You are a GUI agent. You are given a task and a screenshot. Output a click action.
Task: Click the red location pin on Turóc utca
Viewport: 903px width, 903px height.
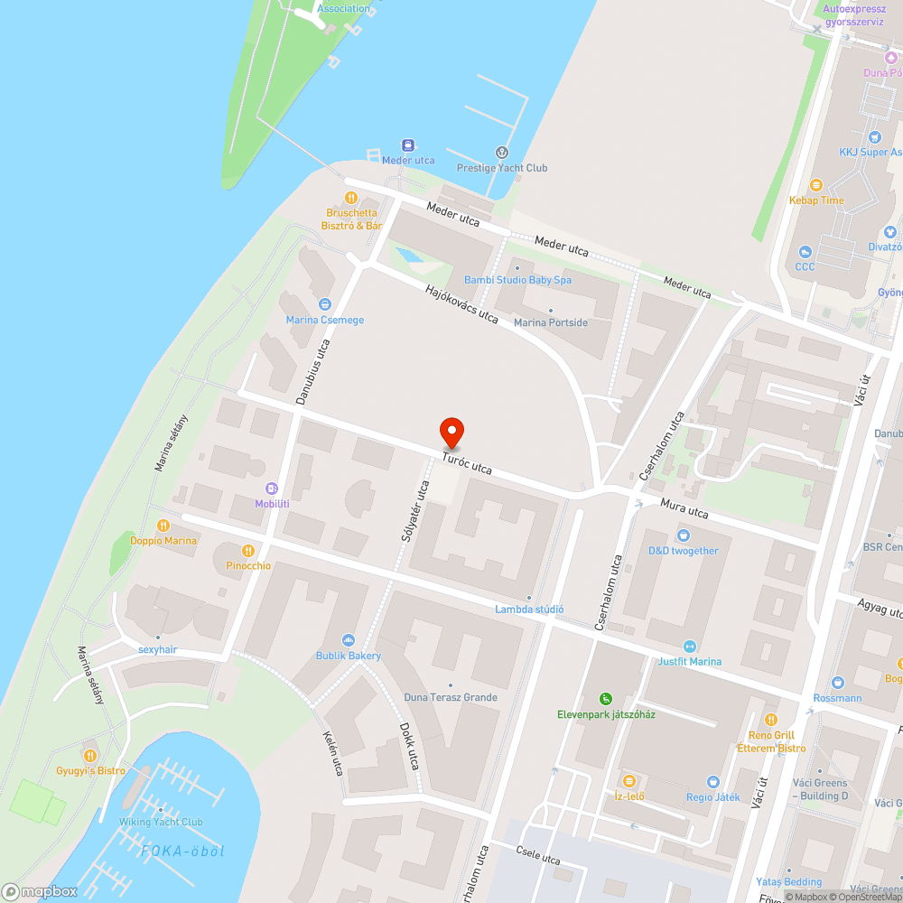(451, 433)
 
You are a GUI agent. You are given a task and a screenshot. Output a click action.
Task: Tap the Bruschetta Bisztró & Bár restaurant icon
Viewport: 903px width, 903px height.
(350, 198)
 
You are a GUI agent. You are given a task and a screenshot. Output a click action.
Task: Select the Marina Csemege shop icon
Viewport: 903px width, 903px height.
(325, 305)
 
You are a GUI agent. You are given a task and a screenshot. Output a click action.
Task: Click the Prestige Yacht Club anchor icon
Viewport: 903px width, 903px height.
(503, 153)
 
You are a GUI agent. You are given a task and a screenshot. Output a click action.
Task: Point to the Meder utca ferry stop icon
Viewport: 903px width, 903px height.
(408, 144)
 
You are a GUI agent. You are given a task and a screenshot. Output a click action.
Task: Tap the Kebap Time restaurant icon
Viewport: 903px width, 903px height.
(816, 185)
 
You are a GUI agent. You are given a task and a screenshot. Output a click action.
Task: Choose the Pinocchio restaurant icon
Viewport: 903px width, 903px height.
(247, 550)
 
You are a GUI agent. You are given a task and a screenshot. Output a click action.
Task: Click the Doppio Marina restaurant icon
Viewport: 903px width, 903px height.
(163, 526)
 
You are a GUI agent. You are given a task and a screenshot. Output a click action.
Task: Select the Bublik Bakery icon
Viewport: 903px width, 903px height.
(348, 640)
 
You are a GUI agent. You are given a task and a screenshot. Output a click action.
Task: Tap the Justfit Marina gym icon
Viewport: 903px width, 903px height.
(690, 647)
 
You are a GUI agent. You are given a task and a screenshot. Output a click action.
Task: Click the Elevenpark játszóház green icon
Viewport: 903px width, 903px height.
(606, 698)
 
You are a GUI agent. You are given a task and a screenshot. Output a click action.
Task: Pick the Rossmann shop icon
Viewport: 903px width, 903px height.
(836, 683)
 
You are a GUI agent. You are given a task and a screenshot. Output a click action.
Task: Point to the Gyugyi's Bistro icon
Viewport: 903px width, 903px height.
(89, 755)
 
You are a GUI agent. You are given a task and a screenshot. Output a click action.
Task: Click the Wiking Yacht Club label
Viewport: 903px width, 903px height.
(161, 822)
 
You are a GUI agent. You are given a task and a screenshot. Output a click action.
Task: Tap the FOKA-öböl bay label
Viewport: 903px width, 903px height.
(182, 851)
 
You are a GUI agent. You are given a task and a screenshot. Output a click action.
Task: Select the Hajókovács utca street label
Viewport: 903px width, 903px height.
(462, 303)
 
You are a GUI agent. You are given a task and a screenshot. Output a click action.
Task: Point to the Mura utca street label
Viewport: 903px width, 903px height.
(684, 510)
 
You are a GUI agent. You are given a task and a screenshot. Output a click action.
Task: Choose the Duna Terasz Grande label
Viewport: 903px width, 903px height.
(451, 697)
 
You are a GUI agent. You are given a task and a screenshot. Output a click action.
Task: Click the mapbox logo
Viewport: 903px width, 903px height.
(40, 891)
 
